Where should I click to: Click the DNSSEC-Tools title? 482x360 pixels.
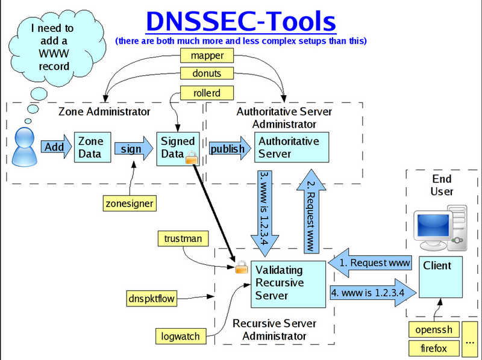[240, 22]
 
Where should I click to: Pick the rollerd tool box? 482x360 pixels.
[198, 93]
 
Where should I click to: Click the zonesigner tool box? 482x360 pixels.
[128, 203]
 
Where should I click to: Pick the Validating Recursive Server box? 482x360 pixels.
[287, 282]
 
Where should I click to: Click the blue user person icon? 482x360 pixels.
[23, 146]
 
